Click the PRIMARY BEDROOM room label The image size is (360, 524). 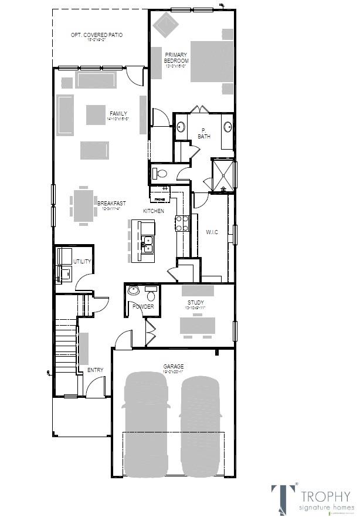pyautogui.click(x=176, y=58)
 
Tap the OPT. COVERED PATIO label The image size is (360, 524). pyautogui.click(x=97, y=35)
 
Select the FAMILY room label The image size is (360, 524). pyautogui.click(x=118, y=114)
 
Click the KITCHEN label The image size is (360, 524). pyautogui.click(x=153, y=211)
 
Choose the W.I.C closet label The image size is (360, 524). pyautogui.click(x=212, y=232)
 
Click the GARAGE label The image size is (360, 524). pyautogui.click(x=173, y=367)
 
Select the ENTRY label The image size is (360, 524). pyautogui.click(x=95, y=370)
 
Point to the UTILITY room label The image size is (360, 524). pyautogui.click(x=82, y=262)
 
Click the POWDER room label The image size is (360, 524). pyautogui.click(x=143, y=306)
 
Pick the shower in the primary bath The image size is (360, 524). pyautogui.click(x=223, y=175)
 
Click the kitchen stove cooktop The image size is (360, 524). pyautogui.click(x=182, y=223)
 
